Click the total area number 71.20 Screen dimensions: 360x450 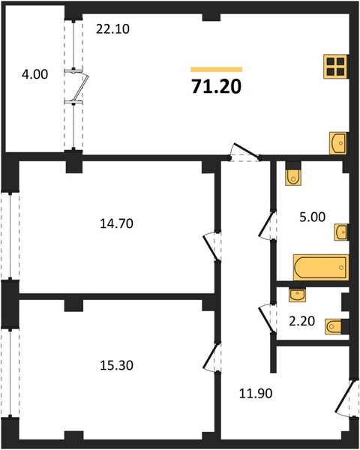[217, 86]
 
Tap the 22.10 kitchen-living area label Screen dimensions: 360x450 [112, 29]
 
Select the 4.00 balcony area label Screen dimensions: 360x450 [34, 74]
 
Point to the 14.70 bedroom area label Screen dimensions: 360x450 [116, 223]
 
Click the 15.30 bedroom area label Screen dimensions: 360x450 [116, 365]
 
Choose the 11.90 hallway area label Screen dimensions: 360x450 [256, 393]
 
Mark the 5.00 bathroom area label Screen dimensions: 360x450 [312, 217]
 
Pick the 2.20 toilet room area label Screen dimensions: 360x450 [301, 321]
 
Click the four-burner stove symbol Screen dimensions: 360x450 [336, 66]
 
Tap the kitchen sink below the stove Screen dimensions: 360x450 [339, 143]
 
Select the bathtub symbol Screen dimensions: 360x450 [321, 267]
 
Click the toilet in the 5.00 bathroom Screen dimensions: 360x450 [293, 176]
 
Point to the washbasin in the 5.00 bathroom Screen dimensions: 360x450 [342, 232]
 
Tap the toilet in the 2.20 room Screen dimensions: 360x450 [334, 326]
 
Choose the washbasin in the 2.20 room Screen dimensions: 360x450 [297, 295]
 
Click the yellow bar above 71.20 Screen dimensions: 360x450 [217, 69]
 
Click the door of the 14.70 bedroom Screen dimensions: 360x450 [211, 247]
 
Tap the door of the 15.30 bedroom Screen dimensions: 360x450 [211, 357]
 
